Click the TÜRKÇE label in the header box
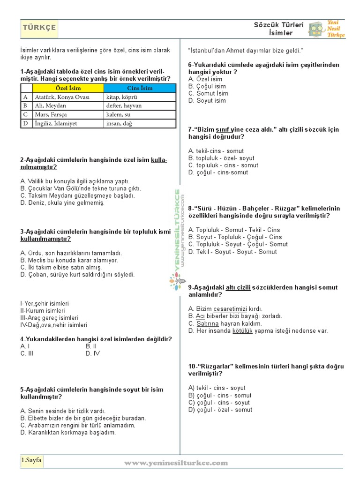click(x=39, y=28)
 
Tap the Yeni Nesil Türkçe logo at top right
click(x=326, y=29)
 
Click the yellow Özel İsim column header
click(x=68, y=88)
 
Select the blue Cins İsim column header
click(x=140, y=88)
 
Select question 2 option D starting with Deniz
click(x=62, y=203)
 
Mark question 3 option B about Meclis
click(x=69, y=260)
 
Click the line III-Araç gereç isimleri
click(x=49, y=317)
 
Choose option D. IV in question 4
click(x=93, y=353)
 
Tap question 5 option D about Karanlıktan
click(x=68, y=433)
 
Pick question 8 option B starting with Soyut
click(x=235, y=237)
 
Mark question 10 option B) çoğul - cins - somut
click(x=220, y=395)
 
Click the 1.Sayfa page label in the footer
click(x=31, y=460)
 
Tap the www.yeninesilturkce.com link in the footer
click(x=176, y=463)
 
